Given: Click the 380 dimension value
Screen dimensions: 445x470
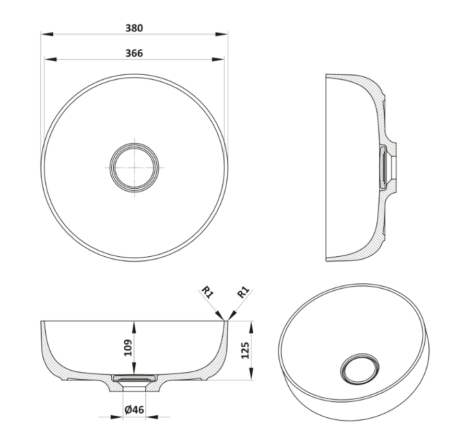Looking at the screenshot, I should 134,28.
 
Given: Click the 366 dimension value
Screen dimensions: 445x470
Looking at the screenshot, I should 134,53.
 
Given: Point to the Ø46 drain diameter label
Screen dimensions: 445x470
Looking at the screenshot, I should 134,410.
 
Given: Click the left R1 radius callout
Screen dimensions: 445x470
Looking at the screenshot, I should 208,293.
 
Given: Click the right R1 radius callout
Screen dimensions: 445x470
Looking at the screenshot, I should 243,293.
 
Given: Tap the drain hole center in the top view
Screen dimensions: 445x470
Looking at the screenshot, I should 134,167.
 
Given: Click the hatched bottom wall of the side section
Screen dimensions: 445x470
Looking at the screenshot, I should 360,254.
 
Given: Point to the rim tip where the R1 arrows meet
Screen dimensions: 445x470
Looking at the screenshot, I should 226,320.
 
